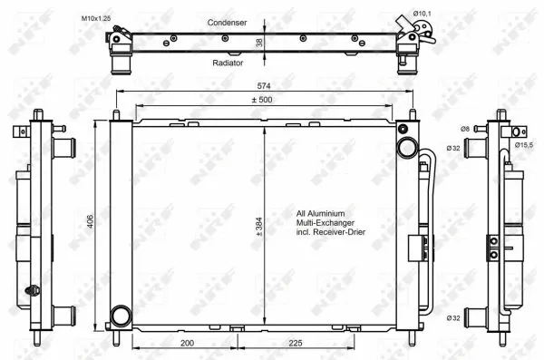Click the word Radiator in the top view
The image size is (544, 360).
tap(226, 63)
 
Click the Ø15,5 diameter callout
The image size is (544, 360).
tap(523, 144)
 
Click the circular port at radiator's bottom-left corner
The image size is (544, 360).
tap(120, 316)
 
